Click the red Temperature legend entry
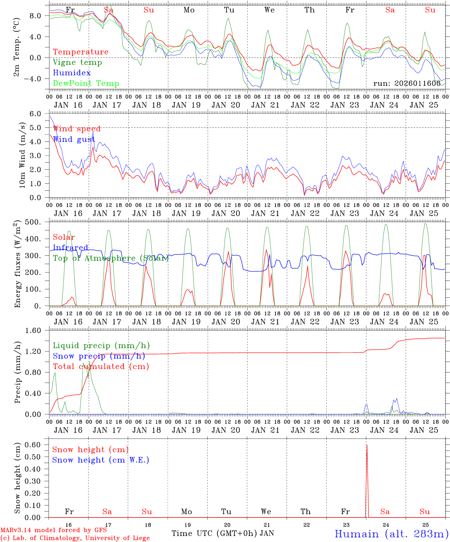click(81, 52)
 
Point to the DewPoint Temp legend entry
click(86, 84)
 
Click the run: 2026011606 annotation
click(407, 83)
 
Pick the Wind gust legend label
click(74, 139)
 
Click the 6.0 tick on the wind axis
click(40, 114)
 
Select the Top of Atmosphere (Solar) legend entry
click(111, 258)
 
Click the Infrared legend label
click(70, 248)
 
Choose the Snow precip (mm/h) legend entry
click(99, 356)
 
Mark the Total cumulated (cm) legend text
click(101, 367)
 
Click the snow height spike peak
click(367, 445)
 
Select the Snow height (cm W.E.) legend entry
click(101, 460)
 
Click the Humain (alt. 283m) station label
click(392, 534)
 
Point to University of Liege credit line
click(75, 538)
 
